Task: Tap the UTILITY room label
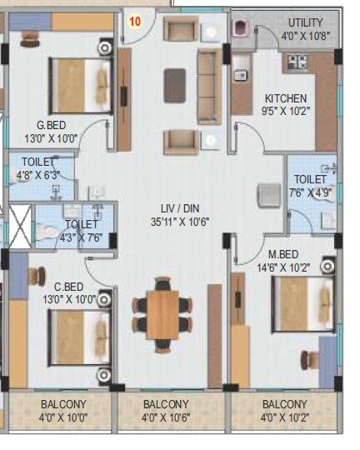click(x=306, y=22)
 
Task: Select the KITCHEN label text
click(x=286, y=98)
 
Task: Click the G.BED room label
click(x=40, y=127)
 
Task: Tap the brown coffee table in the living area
click(x=175, y=84)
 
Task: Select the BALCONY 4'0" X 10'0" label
click(x=62, y=411)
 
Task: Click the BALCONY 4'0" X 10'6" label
click(x=173, y=411)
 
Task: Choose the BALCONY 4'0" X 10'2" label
click(x=284, y=411)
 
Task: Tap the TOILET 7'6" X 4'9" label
click(x=310, y=185)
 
